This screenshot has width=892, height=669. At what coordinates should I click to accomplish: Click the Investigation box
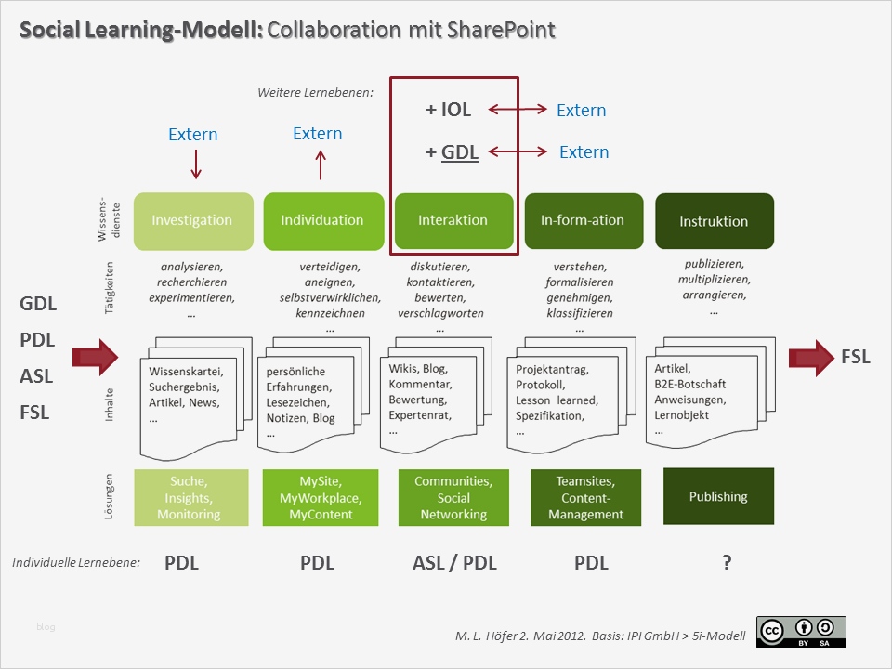pos(193,221)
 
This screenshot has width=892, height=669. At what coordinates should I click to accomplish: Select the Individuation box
pos(323,221)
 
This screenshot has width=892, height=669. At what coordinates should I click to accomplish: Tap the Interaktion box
pos(453,221)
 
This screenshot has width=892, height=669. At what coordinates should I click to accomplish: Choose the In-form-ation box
pos(584,221)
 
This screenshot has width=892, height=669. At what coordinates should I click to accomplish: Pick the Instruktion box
pos(714,221)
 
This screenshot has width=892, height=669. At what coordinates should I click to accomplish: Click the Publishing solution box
pos(718,496)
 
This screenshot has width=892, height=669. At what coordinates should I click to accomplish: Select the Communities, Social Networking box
pos(453,497)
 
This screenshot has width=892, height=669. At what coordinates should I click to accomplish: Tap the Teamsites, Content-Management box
pos(585,497)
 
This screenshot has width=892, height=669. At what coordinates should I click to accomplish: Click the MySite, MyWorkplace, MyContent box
pos(321,497)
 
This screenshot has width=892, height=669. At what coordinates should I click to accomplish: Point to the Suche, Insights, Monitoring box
pos(190,497)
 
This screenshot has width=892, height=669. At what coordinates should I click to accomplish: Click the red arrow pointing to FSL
pos(811,357)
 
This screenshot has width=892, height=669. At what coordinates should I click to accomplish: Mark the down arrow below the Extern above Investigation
pos(195,164)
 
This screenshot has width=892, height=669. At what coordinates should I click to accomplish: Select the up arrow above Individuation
pos(321,164)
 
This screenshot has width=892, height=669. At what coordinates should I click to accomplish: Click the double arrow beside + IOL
pos(518,110)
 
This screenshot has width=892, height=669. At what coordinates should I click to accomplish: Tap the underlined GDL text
pos(460,151)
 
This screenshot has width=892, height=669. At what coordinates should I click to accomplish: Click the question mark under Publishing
pos(727,562)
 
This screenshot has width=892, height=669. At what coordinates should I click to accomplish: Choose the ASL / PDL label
pos(454,562)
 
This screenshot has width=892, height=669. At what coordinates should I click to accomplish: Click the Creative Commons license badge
pos(801,631)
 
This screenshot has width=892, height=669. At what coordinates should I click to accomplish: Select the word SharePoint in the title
pos(502,31)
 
